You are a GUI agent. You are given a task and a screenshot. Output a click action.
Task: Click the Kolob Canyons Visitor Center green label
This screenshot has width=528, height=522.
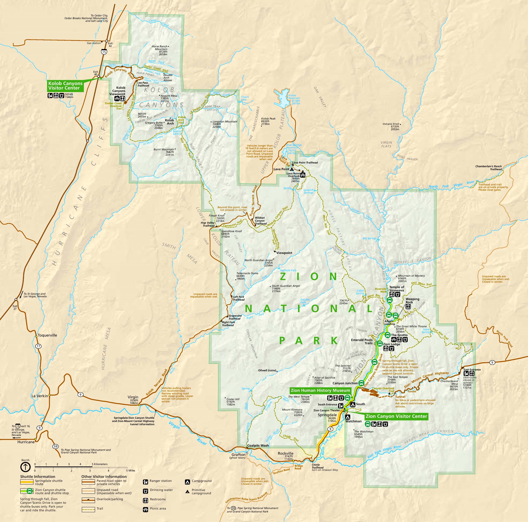(65, 86)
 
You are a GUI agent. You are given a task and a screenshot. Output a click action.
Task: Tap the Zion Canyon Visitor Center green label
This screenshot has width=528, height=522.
(396, 416)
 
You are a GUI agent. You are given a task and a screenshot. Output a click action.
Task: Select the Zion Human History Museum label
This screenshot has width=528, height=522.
(320, 390)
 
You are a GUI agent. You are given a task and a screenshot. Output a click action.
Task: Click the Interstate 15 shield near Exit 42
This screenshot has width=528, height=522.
(104, 51)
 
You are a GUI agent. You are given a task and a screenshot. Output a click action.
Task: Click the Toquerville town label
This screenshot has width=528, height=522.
(47, 335)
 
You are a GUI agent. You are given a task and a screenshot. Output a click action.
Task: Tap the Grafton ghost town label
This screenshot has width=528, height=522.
(238, 455)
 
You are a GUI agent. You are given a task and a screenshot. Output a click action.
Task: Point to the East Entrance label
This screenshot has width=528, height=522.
(472, 370)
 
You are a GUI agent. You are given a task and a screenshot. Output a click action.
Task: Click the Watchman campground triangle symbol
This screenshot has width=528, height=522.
(348, 417)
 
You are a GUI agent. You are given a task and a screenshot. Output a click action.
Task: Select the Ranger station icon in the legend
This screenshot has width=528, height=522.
(145, 481)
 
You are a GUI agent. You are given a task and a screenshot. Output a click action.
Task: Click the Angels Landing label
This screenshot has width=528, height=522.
(389, 323)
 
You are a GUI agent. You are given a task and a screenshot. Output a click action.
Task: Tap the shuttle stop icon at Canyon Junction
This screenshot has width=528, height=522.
(361, 383)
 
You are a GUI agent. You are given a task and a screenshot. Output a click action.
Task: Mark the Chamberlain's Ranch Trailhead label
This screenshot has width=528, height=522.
(488, 168)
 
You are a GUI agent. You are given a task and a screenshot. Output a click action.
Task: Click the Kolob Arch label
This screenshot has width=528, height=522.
(170, 122)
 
